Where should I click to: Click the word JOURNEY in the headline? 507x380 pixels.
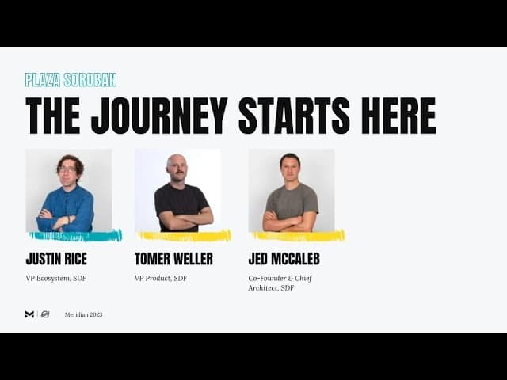click(x=159, y=116)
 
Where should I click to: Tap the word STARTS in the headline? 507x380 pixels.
click(x=294, y=116)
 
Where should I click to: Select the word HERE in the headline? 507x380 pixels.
click(x=398, y=116)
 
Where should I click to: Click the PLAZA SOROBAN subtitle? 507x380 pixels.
click(x=71, y=80)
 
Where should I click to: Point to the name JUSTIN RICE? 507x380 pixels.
click(x=56, y=259)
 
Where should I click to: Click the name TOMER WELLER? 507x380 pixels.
click(x=173, y=259)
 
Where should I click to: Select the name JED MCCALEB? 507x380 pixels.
click(x=284, y=259)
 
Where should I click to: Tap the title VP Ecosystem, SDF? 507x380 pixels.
click(x=56, y=278)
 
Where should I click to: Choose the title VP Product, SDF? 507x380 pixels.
click(x=161, y=278)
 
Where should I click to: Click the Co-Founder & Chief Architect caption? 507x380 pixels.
click(x=280, y=283)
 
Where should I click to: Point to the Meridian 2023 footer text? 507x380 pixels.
click(x=83, y=314)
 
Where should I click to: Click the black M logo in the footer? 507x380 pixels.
click(x=29, y=314)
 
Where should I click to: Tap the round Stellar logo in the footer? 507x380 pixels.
click(x=45, y=314)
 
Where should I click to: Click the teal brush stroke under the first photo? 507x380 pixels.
click(x=76, y=236)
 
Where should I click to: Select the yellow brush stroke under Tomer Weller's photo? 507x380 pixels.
click(x=185, y=236)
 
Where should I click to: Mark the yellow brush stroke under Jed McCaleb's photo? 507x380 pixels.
click(x=299, y=236)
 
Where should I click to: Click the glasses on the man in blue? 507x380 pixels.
click(x=67, y=169)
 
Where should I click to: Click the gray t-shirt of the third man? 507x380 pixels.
click(x=292, y=201)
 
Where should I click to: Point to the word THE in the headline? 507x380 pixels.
click(x=53, y=116)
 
